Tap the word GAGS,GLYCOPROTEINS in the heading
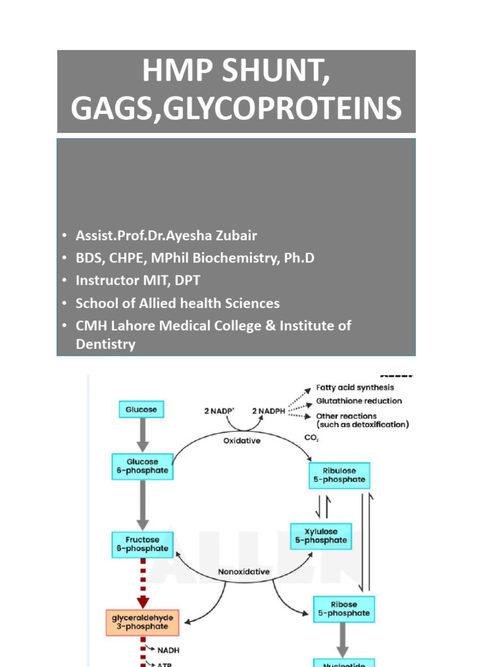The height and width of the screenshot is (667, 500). click(236, 109)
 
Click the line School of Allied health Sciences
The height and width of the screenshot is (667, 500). click(178, 303)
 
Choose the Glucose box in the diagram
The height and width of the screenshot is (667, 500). click(141, 410)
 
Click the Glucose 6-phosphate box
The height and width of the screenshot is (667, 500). click(141, 465)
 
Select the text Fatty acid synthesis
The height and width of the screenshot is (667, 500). click(355, 388)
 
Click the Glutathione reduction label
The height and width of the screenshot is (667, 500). click(359, 401)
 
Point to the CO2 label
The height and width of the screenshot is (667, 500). click(311, 438)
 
